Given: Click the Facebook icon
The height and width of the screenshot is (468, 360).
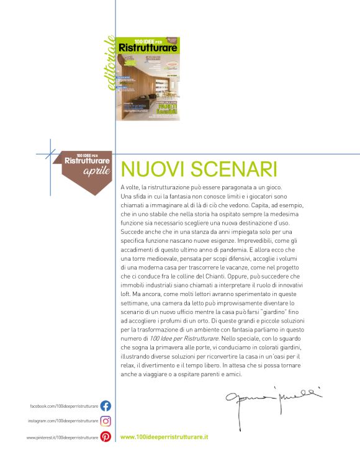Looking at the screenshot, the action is pos(106,406).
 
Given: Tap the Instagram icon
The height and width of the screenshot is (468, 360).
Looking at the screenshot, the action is pos(106,421).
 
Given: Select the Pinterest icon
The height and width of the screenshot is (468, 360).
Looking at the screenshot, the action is pos(106,437).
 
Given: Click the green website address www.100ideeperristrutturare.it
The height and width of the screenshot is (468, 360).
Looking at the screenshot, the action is pos(164,437).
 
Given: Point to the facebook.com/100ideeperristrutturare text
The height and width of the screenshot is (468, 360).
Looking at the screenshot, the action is pos(64,406).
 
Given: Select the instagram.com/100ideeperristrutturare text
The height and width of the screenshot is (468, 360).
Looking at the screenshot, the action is pos(63,421).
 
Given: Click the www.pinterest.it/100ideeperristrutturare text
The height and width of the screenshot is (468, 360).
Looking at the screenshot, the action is pos(62,438).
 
